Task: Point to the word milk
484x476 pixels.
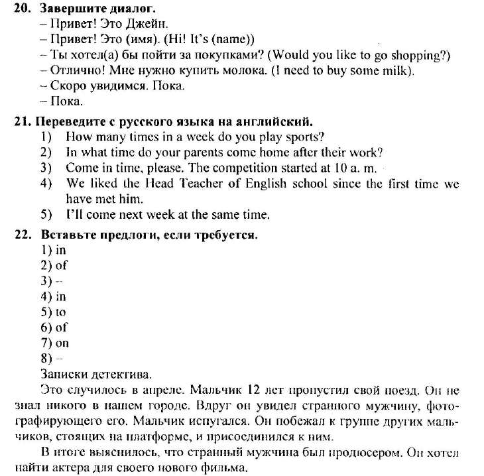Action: pos(397,70)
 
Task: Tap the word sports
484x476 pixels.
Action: pos(302,137)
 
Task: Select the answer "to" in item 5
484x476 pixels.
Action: pos(60,312)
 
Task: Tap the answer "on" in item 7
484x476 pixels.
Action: pos(62,343)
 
